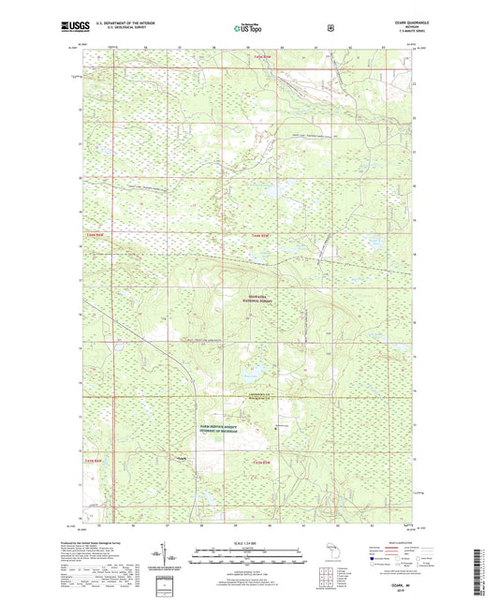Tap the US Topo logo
point(248,28)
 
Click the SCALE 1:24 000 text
point(249,543)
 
